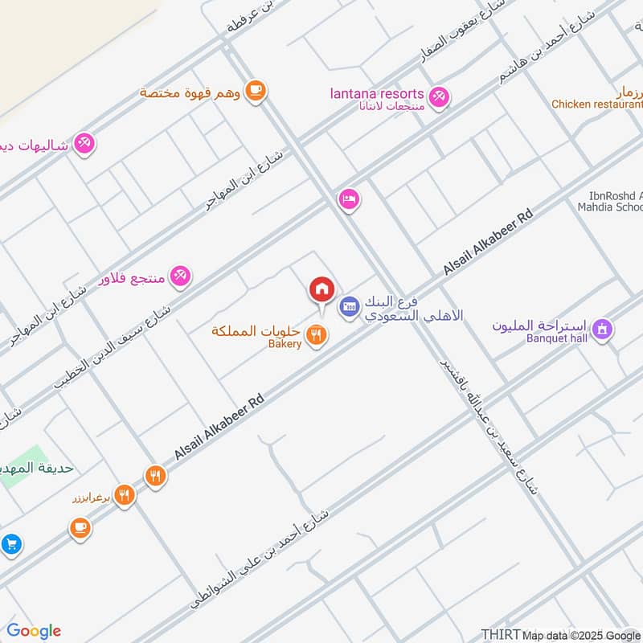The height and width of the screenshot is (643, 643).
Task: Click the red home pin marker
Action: [x=321, y=289]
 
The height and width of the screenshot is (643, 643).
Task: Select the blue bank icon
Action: [x=349, y=305]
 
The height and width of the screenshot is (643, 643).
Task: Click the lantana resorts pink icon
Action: [x=438, y=97]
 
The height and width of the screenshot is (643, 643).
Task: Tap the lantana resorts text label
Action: [x=377, y=93]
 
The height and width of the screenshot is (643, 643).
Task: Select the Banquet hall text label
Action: [x=557, y=338]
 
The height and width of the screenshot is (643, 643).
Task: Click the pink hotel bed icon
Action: [x=349, y=198]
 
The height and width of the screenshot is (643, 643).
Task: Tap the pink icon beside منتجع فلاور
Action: [x=180, y=276]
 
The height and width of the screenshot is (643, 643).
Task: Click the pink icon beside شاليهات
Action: [x=84, y=144]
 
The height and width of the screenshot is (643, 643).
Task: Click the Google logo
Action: [x=34, y=632]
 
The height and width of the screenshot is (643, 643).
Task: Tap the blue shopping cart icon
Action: [x=10, y=544]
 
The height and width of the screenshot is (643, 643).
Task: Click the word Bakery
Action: [x=285, y=344]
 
